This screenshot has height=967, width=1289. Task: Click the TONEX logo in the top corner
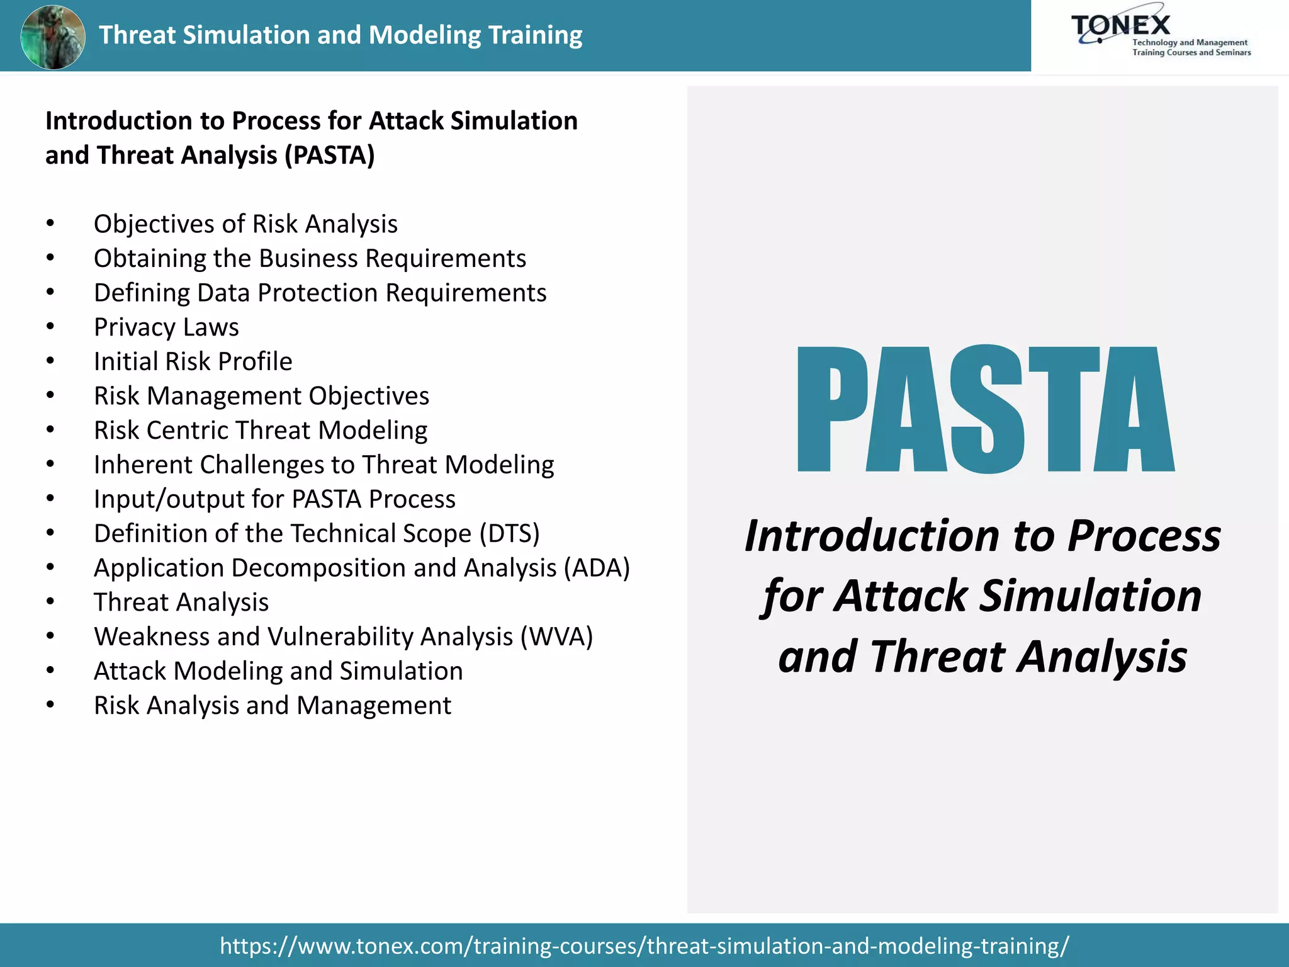point(1120,26)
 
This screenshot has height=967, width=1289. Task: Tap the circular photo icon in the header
point(53,37)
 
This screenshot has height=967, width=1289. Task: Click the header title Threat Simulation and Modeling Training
point(341,35)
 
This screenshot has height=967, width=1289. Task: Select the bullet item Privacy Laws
point(166,327)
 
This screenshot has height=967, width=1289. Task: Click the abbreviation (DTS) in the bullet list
point(509,534)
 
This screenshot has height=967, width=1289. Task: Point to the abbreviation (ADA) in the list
point(597,568)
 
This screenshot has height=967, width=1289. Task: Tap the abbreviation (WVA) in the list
point(556,637)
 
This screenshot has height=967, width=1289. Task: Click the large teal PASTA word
point(985,409)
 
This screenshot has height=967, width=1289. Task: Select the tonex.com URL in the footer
point(644,946)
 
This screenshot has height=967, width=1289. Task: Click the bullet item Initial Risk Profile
point(193,362)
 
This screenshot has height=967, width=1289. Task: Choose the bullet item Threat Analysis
point(181,602)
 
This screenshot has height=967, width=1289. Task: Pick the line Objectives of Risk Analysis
point(245,224)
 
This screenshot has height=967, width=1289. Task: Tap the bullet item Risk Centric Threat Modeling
point(261,431)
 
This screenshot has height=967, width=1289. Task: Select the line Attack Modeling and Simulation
point(278,671)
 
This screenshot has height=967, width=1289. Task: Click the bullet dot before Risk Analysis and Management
point(50,706)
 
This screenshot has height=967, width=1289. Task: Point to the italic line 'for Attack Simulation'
point(982,596)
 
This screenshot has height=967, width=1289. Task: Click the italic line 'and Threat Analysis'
point(982,657)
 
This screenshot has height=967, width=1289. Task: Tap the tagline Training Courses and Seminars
point(1191,53)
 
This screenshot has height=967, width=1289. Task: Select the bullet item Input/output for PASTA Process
point(274,499)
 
